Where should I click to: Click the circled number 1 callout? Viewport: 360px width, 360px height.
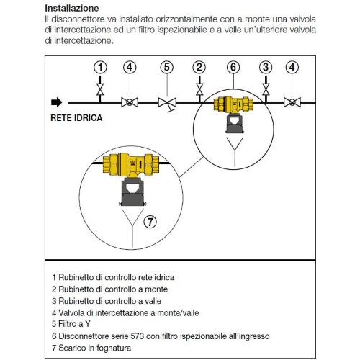100,67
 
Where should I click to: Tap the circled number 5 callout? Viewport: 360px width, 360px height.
167,67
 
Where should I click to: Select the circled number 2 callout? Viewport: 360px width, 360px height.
199,67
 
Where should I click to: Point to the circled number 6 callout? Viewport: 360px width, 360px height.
233,67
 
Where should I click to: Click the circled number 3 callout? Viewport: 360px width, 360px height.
266,67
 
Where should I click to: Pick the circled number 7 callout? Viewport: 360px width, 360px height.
150,222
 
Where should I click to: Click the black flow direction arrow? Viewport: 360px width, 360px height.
57,102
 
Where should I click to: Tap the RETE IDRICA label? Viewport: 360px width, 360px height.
76,118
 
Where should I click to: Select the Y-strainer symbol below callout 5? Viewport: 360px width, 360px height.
168,104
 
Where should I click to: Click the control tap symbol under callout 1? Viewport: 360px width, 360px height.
100,89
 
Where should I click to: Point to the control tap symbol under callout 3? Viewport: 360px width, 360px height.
266,89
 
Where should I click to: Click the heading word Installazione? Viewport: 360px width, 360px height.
72,8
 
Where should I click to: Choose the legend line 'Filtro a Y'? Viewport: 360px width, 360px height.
71,324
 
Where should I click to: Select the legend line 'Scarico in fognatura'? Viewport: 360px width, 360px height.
91,348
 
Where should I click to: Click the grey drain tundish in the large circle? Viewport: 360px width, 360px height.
132,192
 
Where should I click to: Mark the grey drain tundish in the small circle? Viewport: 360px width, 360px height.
235,123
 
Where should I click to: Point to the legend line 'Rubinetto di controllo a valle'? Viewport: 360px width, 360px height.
107,301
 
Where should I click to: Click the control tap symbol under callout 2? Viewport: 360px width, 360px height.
199,89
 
